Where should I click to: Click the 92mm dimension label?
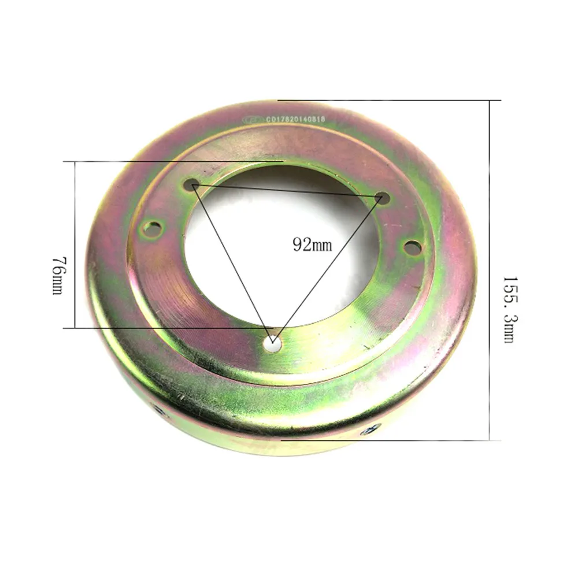click(x=313, y=244)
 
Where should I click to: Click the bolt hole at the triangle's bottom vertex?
click(x=272, y=343)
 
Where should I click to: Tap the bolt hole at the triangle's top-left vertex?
click(x=192, y=185)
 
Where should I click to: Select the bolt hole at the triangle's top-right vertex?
click(x=381, y=198)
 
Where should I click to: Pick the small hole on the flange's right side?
click(x=411, y=247)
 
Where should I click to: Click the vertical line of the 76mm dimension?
click(x=75, y=243)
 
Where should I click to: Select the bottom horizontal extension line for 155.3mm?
click(x=387, y=440)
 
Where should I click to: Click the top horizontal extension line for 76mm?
click(x=173, y=161)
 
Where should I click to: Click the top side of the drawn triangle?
click(x=287, y=192)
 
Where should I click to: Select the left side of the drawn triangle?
click(x=232, y=264)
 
